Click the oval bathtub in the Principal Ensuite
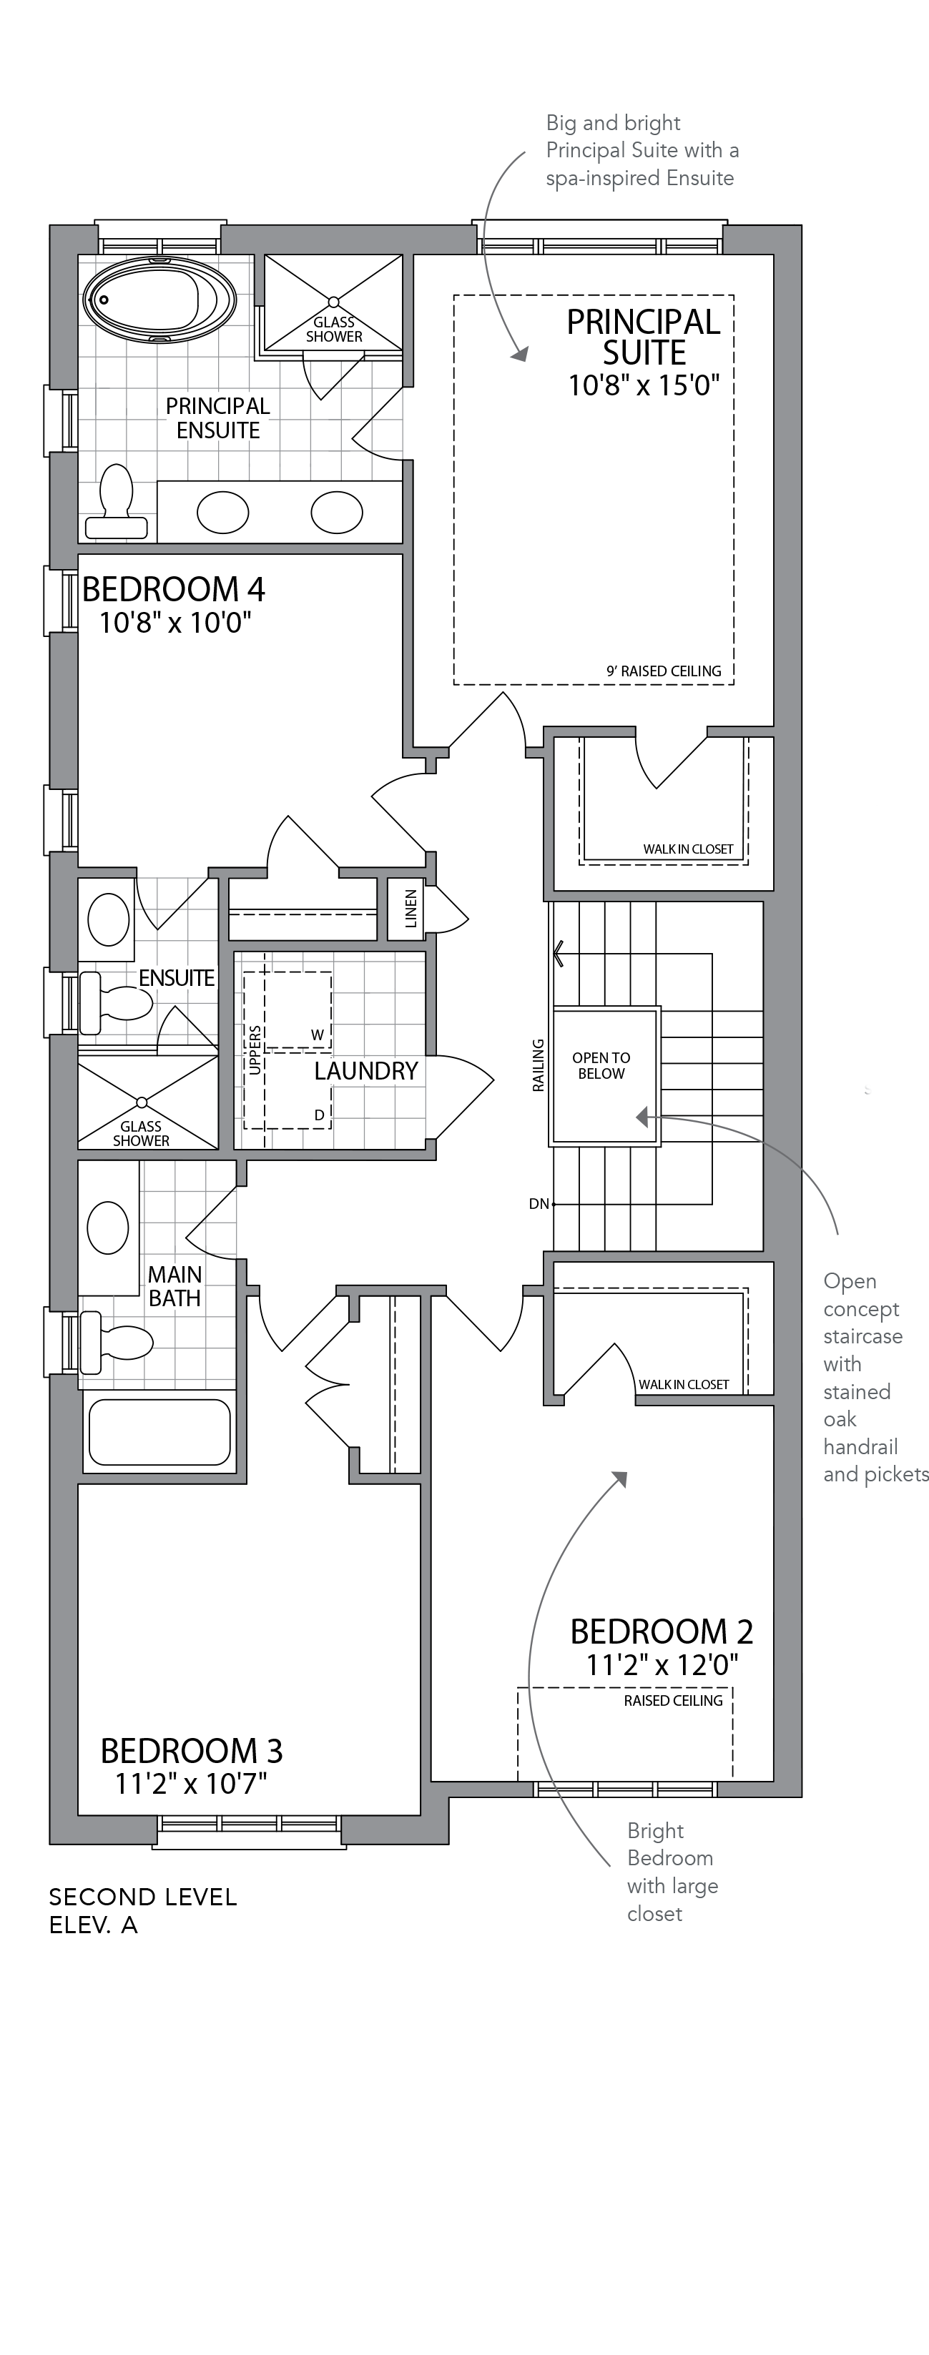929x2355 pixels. point(159,300)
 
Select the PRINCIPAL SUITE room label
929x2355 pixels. point(644,337)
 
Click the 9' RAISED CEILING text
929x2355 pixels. point(664,671)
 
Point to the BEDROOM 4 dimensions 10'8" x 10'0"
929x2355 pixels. point(175,623)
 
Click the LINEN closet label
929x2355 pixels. point(411,909)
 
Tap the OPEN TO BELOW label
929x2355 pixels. point(601,1066)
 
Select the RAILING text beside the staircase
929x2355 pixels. point(539,1065)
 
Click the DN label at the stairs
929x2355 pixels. point(539,1204)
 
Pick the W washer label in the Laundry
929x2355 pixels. point(318,1035)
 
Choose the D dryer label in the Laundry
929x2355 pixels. point(319,1115)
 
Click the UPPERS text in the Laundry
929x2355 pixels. point(255,1050)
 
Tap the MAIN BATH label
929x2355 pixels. point(175,1286)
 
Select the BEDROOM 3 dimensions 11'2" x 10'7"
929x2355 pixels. point(191,1784)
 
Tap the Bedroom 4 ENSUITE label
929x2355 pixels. point(177,977)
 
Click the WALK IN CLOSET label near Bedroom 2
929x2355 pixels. point(684,1384)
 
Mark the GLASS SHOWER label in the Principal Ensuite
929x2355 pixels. point(334,329)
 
